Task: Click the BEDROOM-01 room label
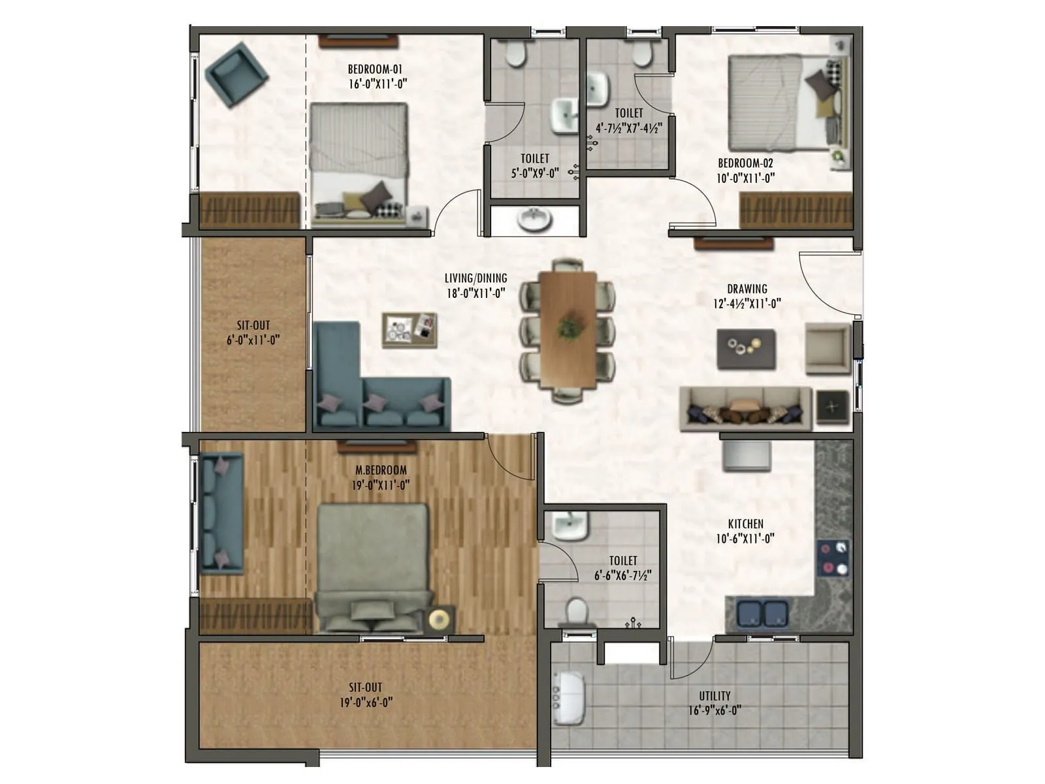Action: (375, 69)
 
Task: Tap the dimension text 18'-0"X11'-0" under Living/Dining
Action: (476, 293)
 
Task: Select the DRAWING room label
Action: (747, 289)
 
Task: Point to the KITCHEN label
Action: (745, 524)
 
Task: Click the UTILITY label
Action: (715, 696)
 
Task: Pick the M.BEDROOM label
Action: (381, 470)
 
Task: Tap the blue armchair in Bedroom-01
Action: (235, 74)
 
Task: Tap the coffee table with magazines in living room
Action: (410, 329)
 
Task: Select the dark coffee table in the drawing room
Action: (746, 349)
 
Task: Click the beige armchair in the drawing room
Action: (827, 348)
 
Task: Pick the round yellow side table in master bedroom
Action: (440, 618)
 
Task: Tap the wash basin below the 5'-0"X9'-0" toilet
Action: (535, 220)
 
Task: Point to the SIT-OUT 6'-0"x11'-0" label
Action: (253, 333)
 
